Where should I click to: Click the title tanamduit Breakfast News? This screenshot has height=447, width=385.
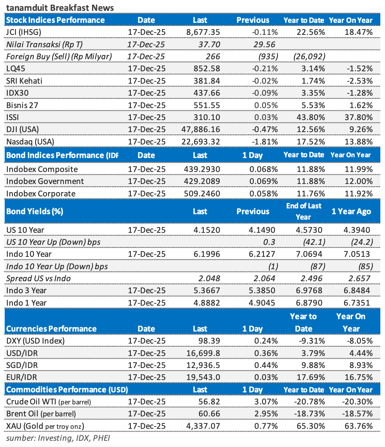coord(60,7)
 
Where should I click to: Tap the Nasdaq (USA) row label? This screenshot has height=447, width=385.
coord(31,141)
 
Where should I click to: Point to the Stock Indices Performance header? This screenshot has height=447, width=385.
coord(55,20)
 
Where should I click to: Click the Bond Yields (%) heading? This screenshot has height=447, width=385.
coord(35,211)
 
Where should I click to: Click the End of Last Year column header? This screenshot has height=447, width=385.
coord(303,211)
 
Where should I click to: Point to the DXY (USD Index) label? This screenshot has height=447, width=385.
coord(35,341)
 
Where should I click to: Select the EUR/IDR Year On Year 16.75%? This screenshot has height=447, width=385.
coord(359,377)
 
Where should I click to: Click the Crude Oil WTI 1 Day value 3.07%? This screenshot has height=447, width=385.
coord(267,402)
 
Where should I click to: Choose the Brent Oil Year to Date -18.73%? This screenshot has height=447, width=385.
coord(309,414)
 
